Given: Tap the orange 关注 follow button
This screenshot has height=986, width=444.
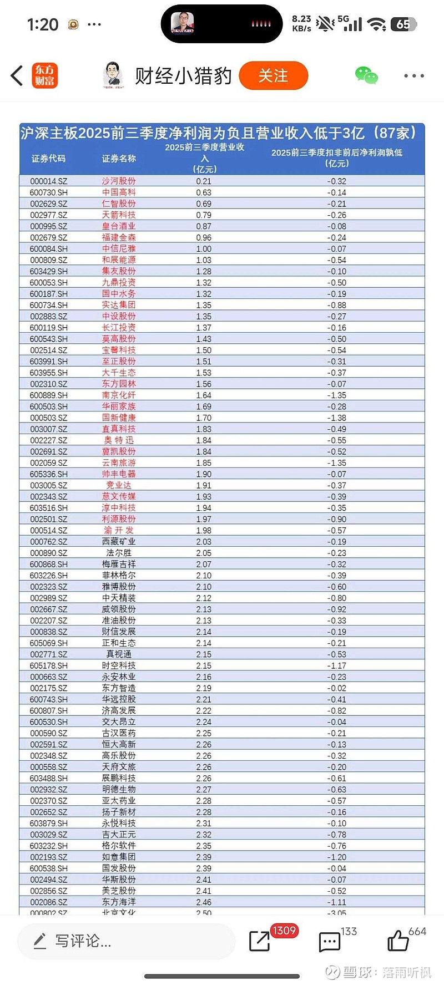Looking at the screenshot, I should pos(273,75).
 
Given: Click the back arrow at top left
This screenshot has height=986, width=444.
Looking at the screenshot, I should pos(17,75).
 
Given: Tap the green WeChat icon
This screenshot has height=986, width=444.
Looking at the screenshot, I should pos(366,75).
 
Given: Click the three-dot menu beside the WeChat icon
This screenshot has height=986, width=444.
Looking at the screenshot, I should pos(414,75).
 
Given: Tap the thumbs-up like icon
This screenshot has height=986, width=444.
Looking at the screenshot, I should pos(398,941).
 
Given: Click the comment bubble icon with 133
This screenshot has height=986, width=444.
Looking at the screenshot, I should pos(329,942).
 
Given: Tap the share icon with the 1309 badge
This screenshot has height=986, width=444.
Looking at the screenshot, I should pos(260,941).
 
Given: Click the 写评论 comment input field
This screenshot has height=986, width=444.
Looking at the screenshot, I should pos(127,941).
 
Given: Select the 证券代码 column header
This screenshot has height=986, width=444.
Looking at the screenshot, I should pos(48,159).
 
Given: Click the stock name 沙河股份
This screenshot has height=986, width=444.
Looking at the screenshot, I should pos(119,181).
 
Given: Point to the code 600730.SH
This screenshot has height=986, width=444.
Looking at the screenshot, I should pos(48,192).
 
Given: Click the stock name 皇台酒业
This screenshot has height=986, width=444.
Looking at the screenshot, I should pos(119,226).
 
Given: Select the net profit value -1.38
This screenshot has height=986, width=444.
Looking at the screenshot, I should pos(336,418).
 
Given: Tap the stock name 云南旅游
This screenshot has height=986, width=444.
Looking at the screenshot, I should pos(119,462).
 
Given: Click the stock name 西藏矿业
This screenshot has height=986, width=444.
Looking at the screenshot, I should pos(119,542).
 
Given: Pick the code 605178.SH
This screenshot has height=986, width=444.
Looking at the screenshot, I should pos(48,665).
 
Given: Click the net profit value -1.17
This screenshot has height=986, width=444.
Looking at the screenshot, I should pos(336,665).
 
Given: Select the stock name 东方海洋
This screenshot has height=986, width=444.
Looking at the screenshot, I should pos(119,902).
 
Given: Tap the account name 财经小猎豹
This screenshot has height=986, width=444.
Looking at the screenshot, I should pos(183,76).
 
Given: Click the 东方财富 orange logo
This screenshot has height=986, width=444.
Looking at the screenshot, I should pos(44,75).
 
